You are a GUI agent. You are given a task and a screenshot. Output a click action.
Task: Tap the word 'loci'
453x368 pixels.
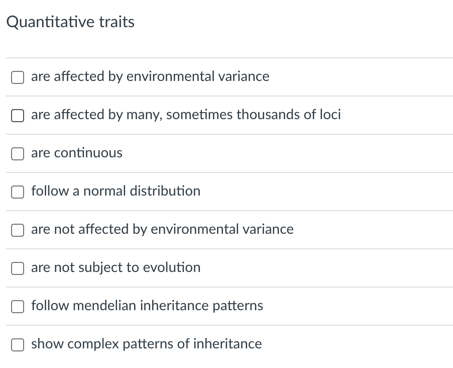point(330,115)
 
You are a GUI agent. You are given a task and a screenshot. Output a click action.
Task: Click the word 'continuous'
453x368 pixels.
point(88,153)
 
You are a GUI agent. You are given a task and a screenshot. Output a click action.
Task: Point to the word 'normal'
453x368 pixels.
point(104,191)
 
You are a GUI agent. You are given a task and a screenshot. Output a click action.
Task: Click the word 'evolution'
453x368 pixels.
point(171,267)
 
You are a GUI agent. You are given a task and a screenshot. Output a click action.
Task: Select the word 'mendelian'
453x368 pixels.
point(103,306)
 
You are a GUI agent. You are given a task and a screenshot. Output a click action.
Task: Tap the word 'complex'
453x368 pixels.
point(93,344)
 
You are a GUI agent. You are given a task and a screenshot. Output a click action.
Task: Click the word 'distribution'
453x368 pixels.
point(165,191)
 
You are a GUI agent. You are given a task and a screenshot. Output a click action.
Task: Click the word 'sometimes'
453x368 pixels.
point(199,115)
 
